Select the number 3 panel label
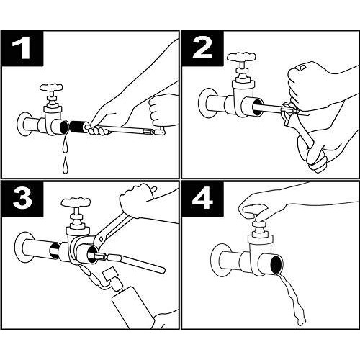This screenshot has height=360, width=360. pos(22,199)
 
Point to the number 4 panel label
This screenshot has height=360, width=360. pos(202,199)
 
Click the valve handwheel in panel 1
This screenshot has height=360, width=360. pos(51,87)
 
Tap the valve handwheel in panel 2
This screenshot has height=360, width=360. pos(241,57)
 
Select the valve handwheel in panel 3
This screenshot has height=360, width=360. pos(76,202)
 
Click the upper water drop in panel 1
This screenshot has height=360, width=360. pos(66,145)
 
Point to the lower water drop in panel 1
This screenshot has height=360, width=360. pos(65,165)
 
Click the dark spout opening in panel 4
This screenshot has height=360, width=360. pos(276,265)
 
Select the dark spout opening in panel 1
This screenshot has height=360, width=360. pos(64,127)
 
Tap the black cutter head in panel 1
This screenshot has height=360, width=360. pos(76,127)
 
